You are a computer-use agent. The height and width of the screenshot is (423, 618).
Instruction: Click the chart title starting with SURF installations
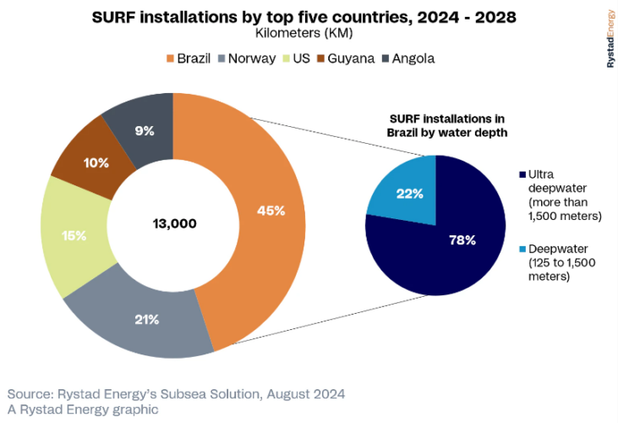[304, 16]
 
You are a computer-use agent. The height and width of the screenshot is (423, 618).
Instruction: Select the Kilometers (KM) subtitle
[304, 33]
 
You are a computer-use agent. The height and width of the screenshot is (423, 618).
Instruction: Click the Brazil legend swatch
[170, 58]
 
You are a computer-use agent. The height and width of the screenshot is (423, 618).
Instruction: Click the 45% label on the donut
[271, 211]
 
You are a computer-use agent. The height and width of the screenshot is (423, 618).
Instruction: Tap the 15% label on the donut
[74, 235]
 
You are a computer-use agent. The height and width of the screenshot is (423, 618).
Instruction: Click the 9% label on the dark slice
[144, 131]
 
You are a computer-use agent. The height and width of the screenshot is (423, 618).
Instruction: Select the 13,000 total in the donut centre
[174, 223]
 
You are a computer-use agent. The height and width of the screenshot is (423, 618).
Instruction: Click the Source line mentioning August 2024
[176, 394]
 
